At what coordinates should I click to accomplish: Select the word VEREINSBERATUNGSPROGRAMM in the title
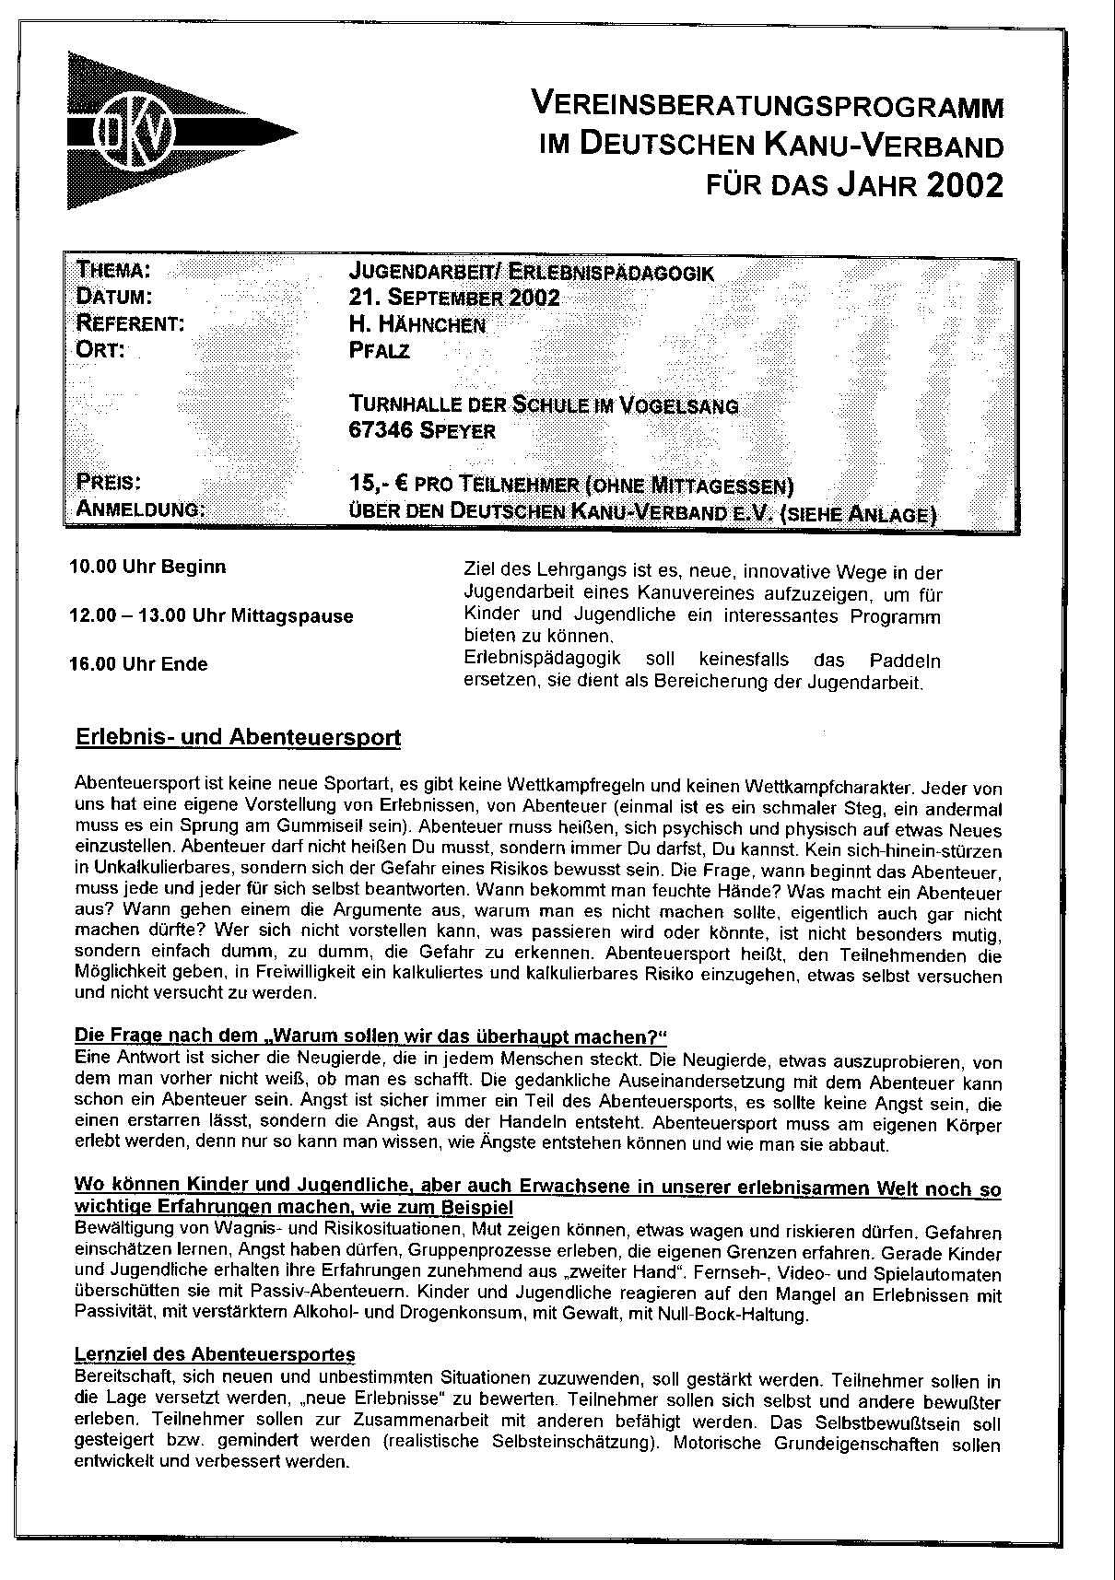coord(767,106)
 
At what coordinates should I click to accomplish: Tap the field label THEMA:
coord(113,271)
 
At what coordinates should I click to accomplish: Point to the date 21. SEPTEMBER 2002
coord(454,298)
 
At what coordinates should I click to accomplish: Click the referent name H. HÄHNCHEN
coord(417,324)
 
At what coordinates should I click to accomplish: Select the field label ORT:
coord(100,350)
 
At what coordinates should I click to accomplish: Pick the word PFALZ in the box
coord(380,351)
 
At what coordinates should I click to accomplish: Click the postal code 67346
coord(381,430)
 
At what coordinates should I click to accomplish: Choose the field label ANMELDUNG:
coord(141,509)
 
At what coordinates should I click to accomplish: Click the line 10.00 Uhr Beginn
coord(148,567)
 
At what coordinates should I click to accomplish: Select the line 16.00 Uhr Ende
coord(139,664)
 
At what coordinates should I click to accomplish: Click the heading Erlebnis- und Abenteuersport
coord(238,738)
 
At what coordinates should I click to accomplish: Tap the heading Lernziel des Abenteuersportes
coord(214,1354)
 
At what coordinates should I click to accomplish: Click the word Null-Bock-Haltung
coord(734,1316)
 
